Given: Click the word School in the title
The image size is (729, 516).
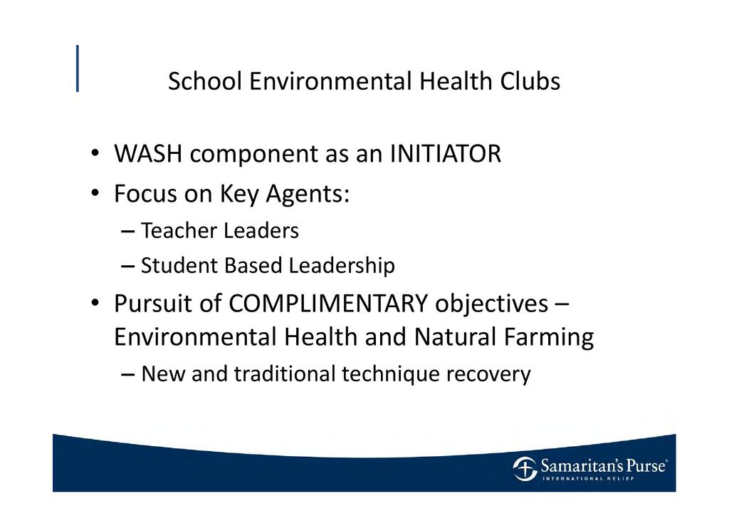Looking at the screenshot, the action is (x=205, y=81).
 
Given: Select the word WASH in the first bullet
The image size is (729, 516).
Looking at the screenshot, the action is (x=148, y=153).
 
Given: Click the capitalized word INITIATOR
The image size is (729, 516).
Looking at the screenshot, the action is (x=446, y=153).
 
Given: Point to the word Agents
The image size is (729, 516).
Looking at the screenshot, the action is (x=307, y=195).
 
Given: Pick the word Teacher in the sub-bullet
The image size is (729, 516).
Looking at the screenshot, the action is (x=179, y=230).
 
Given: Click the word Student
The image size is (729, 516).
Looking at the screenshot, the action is (x=179, y=266).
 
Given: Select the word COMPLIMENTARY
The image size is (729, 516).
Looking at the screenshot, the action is (x=328, y=304).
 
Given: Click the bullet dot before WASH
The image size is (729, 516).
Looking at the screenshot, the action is (x=95, y=153).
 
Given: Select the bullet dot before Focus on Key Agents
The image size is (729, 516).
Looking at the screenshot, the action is (x=95, y=192).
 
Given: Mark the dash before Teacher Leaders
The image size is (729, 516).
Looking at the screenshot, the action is (x=127, y=231).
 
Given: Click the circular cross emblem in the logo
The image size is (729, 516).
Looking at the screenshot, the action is (x=525, y=468).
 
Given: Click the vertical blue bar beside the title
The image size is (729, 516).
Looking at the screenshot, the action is (x=78, y=68).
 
